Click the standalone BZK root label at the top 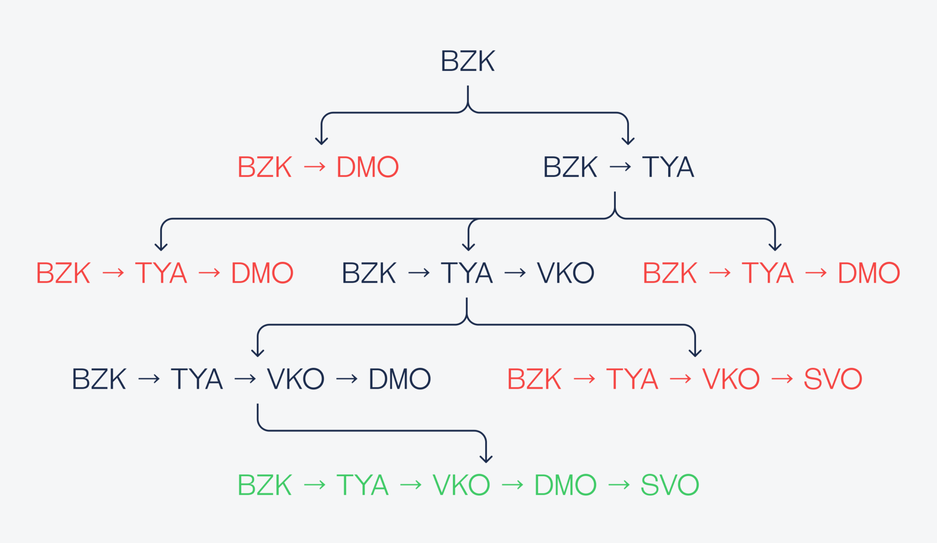[x=468, y=62]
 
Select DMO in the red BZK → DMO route [x=367, y=167]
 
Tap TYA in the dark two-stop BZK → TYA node [x=668, y=167]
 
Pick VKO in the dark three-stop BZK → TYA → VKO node [x=566, y=273]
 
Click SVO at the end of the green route [x=670, y=485]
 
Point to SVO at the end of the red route [x=833, y=379]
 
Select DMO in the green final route [x=565, y=485]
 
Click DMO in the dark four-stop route [x=399, y=379]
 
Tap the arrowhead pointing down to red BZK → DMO [x=321, y=141]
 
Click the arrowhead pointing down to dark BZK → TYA [x=628, y=141]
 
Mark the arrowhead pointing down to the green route [x=486, y=459]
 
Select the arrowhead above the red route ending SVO [x=695, y=353]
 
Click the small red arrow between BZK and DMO [x=314, y=167]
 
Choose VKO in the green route [x=461, y=485]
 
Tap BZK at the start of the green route [x=265, y=485]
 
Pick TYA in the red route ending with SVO [x=632, y=379]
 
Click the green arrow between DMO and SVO [x=619, y=485]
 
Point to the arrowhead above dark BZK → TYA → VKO [x=468, y=247]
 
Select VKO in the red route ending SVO [x=731, y=379]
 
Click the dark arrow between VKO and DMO [x=347, y=379]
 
